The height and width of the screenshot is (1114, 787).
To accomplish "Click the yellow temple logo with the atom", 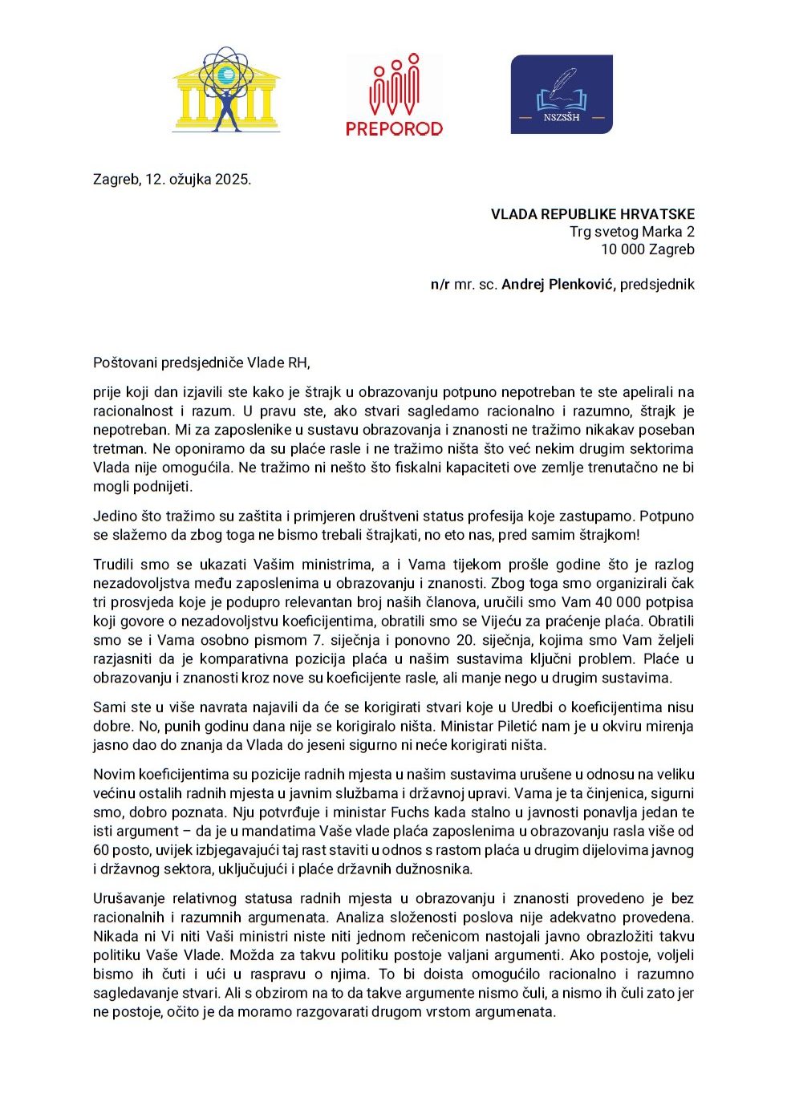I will [x=226, y=89].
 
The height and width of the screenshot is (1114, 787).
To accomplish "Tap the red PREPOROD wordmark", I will [x=394, y=128].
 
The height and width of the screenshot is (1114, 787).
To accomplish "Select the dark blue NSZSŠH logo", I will [x=562, y=94].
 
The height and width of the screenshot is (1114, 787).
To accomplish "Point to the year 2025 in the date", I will [x=232, y=179].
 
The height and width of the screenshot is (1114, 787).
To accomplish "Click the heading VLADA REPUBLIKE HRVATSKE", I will [x=593, y=214].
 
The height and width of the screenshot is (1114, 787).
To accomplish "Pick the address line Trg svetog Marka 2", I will [x=632, y=232].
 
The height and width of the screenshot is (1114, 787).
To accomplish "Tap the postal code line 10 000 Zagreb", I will [x=647, y=249].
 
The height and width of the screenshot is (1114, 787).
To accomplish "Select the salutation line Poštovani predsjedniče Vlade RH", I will [x=201, y=363].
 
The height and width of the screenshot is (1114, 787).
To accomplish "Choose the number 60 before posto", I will [x=101, y=850].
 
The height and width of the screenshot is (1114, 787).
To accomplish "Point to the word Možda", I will [x=250, y=955].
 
